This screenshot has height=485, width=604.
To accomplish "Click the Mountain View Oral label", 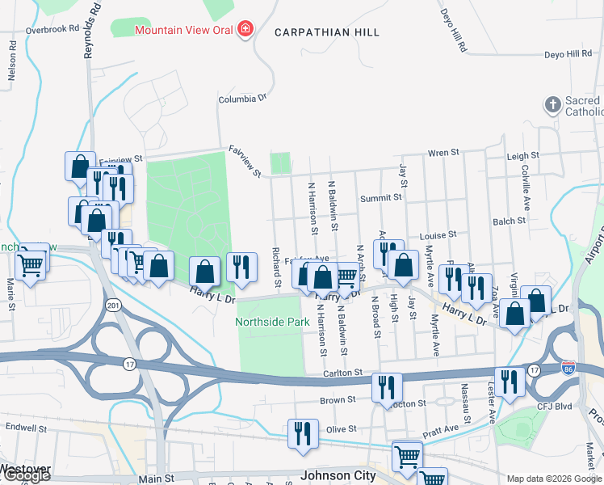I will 183,30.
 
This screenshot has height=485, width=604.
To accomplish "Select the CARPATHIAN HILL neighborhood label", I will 327,32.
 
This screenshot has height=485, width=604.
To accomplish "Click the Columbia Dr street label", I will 242,99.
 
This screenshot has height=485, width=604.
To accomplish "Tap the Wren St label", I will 443,152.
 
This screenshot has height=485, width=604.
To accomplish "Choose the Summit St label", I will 381,198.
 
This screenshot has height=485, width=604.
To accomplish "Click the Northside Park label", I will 272,322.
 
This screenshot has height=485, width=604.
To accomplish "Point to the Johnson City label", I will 338,475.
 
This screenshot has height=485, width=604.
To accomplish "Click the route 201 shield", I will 112,305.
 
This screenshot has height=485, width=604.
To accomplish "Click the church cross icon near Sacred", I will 552,105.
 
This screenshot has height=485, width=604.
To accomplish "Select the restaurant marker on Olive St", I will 303,432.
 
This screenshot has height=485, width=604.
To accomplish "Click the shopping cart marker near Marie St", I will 31,262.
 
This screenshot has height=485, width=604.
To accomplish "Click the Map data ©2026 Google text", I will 552,479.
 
